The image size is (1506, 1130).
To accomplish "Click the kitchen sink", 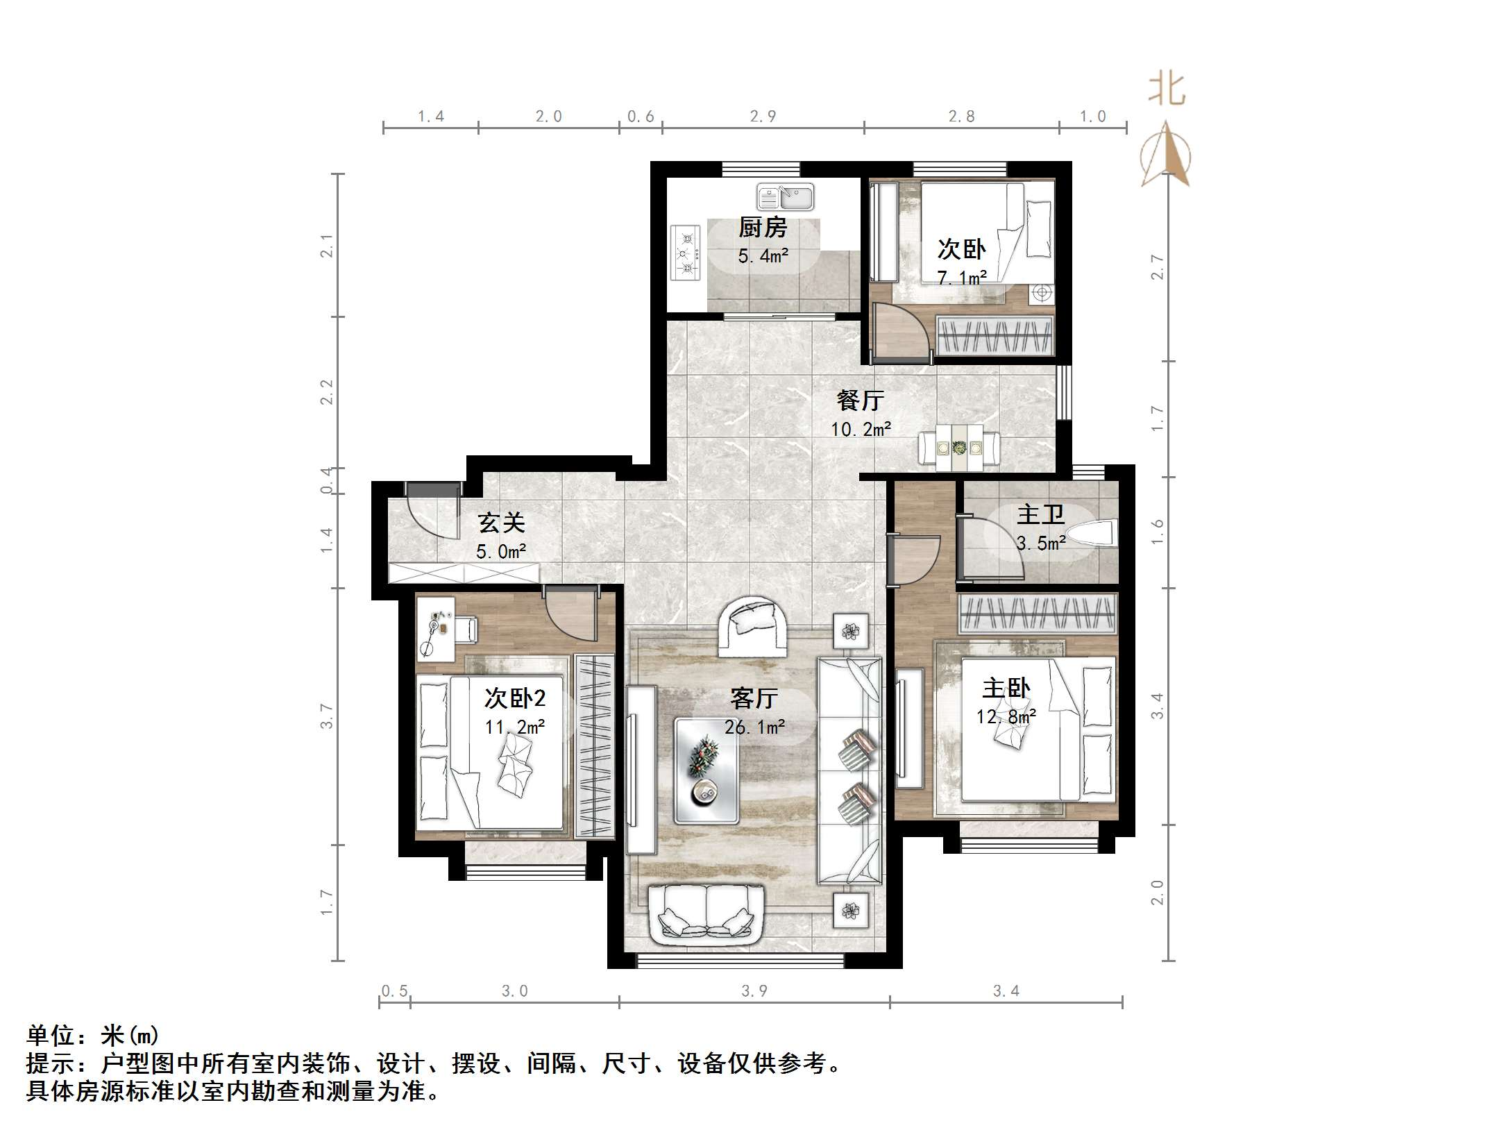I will coord(785,197).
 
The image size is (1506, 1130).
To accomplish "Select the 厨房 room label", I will coord(762,228).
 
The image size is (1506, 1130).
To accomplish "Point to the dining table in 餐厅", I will coord(960,448).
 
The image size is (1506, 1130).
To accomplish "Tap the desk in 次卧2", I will coord(436,629).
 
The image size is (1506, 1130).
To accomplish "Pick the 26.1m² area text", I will coord(754,727).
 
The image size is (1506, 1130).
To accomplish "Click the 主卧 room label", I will coord(1006,689).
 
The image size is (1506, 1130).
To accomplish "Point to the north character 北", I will coord(1166,90).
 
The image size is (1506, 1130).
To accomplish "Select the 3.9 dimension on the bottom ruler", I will coord(754,991).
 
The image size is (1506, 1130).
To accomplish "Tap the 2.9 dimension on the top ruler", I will coord(763,117).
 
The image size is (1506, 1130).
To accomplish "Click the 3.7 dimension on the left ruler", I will coord(327,716).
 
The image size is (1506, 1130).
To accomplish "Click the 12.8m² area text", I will coord(1006,716).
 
